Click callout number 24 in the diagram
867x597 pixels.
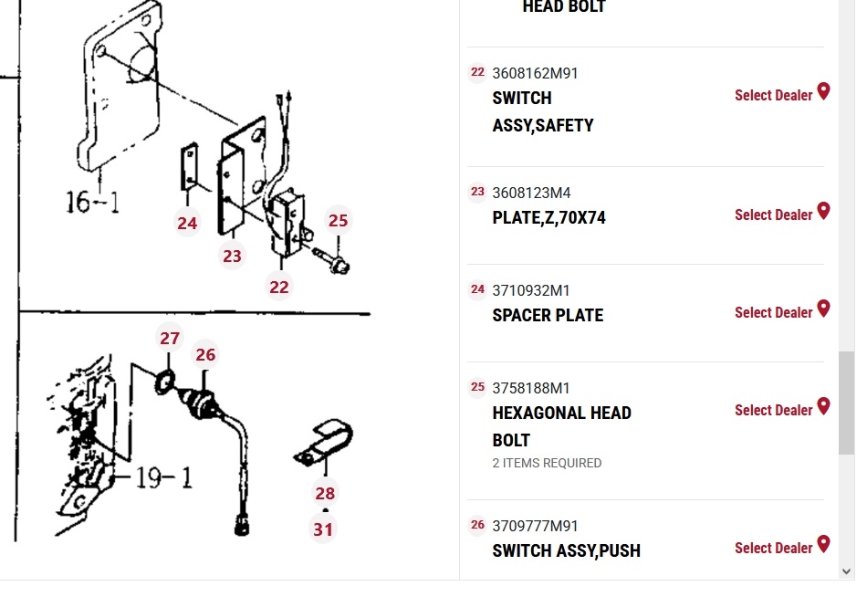[187, 223]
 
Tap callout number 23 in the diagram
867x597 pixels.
[232, 256]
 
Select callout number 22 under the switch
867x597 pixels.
[278, 288]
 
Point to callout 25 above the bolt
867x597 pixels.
[338, 220]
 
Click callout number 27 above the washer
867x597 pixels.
[170, 338]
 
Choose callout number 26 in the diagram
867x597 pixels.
[205, 355]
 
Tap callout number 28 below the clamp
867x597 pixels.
[325, 493]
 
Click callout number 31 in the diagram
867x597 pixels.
[323, 529]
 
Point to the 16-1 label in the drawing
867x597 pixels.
[92, 202]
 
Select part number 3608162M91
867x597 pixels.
[535, 74]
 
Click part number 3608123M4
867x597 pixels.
[531, 194]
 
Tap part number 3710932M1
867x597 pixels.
[531, 290]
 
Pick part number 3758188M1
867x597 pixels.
[531, 388]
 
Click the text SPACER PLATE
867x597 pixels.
[548, 315]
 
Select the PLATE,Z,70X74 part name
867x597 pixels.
[549, 217]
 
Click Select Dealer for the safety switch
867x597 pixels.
[774, 95]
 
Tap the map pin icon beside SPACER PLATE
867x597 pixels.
[824, 309]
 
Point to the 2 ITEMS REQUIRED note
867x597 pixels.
[547, 463]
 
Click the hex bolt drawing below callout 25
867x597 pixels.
[330, 261]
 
